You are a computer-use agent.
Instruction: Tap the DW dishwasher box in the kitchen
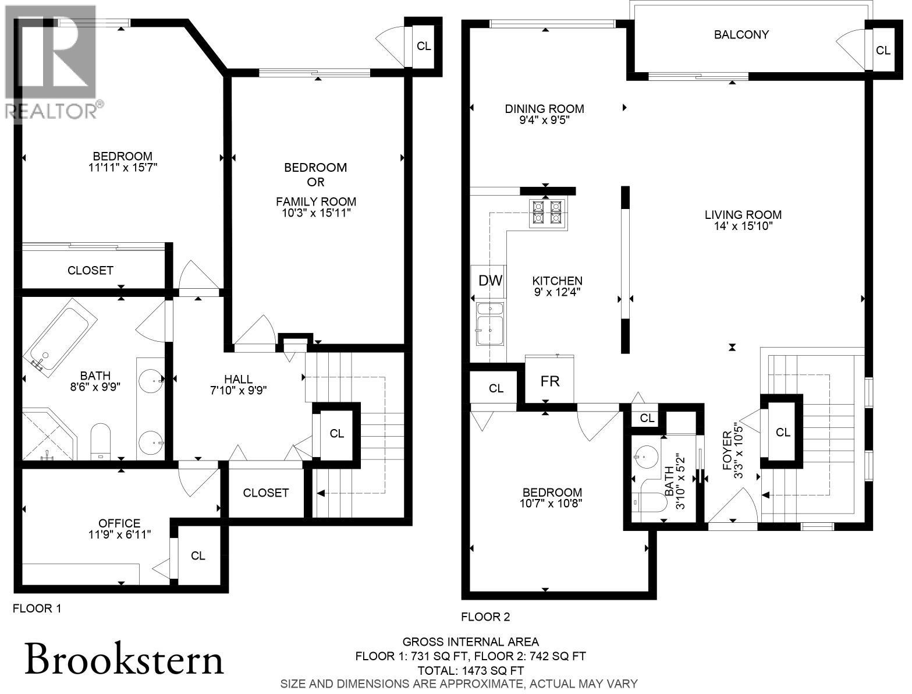(x=490, y=281)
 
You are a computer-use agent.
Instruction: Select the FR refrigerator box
(x=550, y=381)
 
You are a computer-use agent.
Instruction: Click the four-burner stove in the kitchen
(x=547, y=213)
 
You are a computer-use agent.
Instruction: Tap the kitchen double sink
(x=490, y=324)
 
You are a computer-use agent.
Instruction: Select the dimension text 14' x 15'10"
(x=743, y=226)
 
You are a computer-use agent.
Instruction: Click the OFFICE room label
(x=119, y=523)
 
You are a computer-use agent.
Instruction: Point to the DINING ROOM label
(x=544, y=109)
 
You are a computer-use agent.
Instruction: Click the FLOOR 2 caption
(x=485, y=617)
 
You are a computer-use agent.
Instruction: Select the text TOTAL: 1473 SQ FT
(x=470, y=670)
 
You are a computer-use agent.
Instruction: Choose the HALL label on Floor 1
(x=239, y=380)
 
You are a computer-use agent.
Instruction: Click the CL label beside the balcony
(x=883, y=51)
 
